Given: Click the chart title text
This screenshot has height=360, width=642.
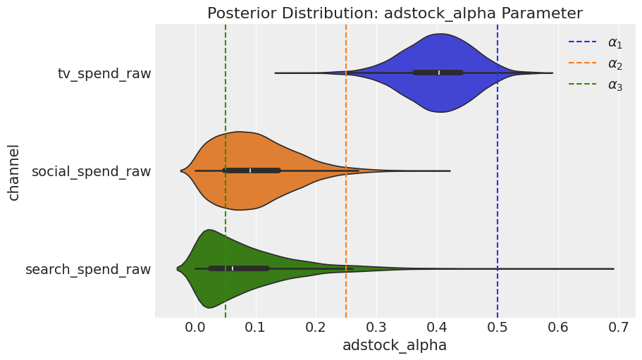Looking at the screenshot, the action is tap(395, 13).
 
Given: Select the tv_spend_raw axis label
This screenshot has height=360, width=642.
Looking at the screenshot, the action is tap(104, 74).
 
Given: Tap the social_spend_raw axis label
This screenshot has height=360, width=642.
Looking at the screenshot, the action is tap(92, 171).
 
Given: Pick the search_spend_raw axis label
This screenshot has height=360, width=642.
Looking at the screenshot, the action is tap(88, 270).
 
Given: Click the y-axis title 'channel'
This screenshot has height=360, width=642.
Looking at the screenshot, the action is tap(13, 172).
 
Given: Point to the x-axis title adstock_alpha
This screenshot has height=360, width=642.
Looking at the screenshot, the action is tap(394, 345).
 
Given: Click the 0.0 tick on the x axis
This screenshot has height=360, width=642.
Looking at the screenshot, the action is tap(195, 328).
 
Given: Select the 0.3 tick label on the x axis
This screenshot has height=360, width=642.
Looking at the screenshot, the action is tap(377, 328).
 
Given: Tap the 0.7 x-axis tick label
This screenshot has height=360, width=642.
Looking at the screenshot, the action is tap(618, 328).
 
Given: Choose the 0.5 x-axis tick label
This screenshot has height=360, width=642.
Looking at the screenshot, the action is tap(498, 328).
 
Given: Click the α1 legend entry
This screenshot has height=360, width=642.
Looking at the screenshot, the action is tap(595, 42).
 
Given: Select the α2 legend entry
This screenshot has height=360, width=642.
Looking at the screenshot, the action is tap(595, 63).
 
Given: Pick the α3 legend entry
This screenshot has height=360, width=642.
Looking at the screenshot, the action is tap(595, 85).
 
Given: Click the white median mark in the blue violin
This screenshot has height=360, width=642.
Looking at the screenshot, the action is tap(439, 73).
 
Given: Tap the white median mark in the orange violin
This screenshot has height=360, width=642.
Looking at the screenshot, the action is tap(250, 170).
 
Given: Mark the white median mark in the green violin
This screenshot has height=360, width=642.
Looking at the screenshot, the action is tap(232, 269).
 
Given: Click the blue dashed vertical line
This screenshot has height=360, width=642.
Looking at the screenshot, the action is tap(498, 171).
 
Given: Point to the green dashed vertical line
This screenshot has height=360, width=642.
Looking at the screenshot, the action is tap(226, 171).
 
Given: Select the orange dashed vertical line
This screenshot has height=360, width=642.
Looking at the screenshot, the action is tap(347, 171).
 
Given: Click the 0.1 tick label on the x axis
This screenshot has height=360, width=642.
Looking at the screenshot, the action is tap(256, 328).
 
